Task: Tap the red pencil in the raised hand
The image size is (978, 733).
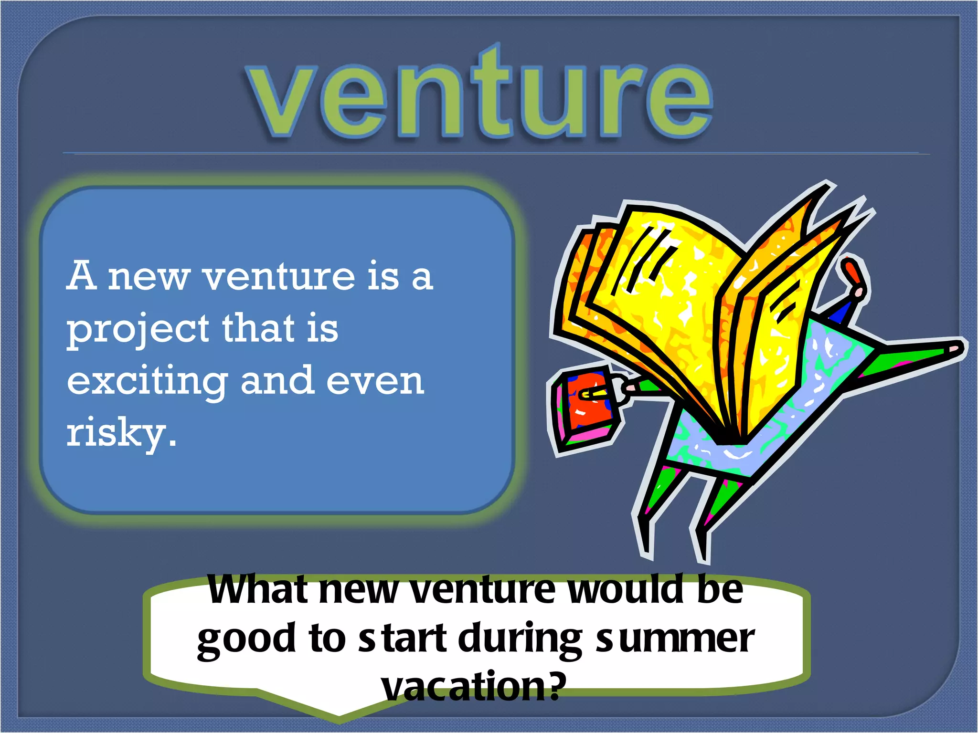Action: point(852,272)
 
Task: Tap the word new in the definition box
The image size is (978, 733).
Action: point(149,277)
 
